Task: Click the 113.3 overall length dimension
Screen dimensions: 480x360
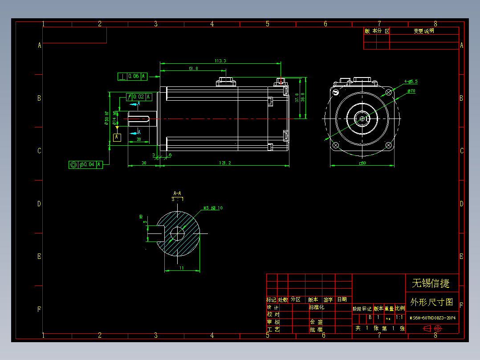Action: tap(220, 61)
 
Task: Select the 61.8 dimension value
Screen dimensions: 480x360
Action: tap(193, 68)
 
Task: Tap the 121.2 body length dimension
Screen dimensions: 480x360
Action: tap(225, 163)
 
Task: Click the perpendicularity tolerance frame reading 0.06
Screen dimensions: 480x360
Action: tap(133, 76)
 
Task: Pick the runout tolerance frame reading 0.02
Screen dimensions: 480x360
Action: tap(139, 97)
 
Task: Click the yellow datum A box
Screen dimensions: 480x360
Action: tap(117, 137)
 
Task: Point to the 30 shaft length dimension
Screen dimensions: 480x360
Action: tap(144, 163)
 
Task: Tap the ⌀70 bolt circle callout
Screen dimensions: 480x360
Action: tap(411, 91)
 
